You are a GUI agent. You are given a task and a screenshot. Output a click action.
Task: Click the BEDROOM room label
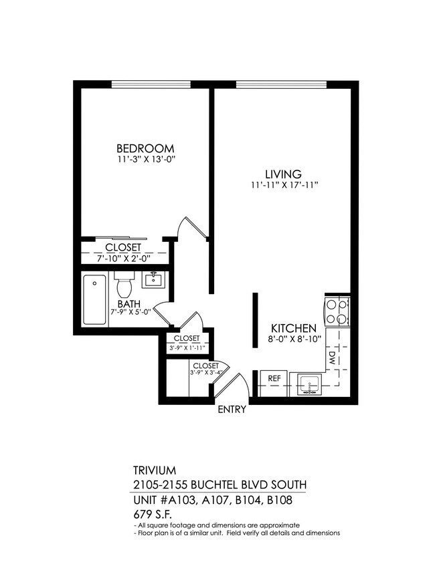tap(145, 148)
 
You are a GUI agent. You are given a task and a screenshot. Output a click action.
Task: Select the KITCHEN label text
tap(293, 328)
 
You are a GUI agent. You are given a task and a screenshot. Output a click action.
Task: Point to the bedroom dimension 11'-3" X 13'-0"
tap(145, 160)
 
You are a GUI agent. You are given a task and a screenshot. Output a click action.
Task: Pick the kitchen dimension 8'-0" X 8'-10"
tap(294, 339)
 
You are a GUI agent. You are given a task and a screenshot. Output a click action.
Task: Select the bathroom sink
tap(153, 280)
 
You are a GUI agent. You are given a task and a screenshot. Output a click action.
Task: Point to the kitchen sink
tap(309, 385)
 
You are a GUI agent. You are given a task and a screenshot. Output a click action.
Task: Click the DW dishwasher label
tap(332, 359)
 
